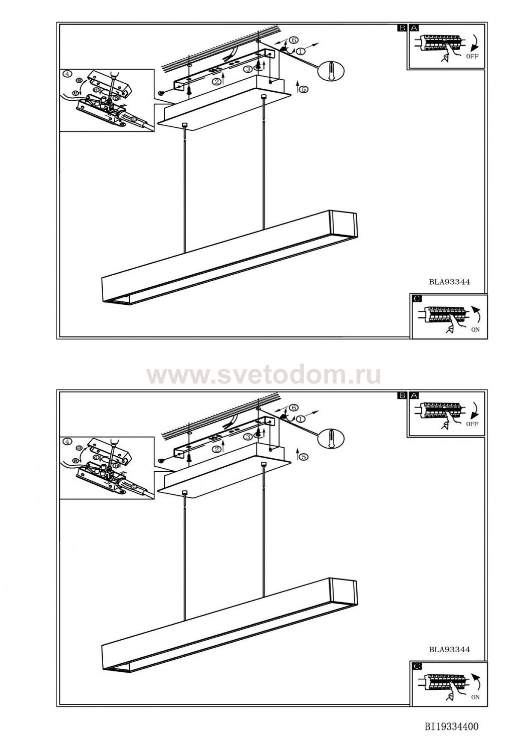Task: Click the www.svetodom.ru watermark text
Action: click(263, 375)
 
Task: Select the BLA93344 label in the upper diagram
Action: click(449, 282)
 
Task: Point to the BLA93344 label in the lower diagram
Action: click(449, 650)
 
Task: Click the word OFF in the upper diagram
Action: click(472, 56)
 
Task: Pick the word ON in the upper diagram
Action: click(475, 330)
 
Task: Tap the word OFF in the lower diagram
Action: click(472, 424)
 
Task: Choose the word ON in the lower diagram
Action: click(475, 697)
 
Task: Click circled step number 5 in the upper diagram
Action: click(304, 89)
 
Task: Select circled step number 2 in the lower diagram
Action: click(217, 449)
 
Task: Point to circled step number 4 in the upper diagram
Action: click(68, 74)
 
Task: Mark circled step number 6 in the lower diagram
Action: click(293, 408)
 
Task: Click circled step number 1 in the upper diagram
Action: click(301, 51)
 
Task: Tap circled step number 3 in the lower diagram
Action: click(248, 437)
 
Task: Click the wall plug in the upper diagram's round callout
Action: click(332, 71)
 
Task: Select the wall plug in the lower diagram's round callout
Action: click(332, 438)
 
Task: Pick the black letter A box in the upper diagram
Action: click(414, 28)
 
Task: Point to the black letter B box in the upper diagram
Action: click(402, 28)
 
